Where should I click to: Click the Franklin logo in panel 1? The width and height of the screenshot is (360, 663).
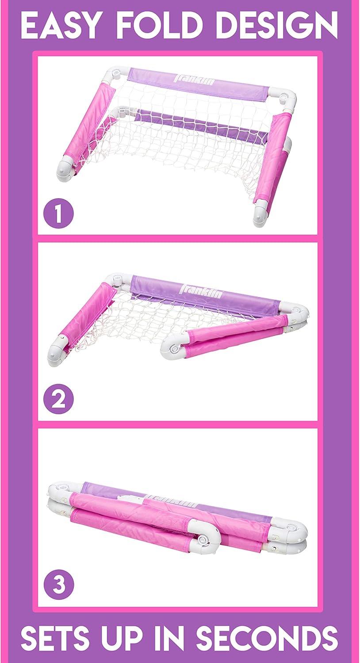[x=194, y=78]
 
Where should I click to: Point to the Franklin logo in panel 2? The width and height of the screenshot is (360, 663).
[x=201, y=291]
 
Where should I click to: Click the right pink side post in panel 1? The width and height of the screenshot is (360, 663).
[x=274, y=157]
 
